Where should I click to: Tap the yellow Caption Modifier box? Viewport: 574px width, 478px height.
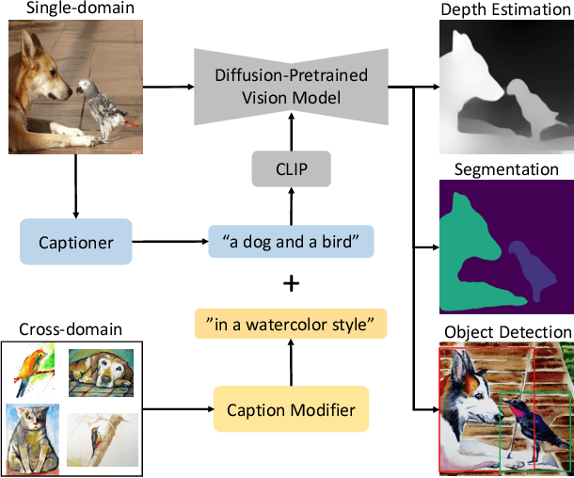[290, 409]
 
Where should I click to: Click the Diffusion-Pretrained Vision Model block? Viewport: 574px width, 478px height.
[290, 85]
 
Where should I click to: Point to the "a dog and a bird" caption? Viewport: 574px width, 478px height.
[291, 242]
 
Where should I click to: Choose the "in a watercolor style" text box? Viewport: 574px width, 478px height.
[291, 327]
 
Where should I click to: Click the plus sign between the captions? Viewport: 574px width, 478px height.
[291, 284]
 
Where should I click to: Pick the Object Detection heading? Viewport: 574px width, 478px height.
[506, 332]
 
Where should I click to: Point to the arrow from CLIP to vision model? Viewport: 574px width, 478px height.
[290, 134]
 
